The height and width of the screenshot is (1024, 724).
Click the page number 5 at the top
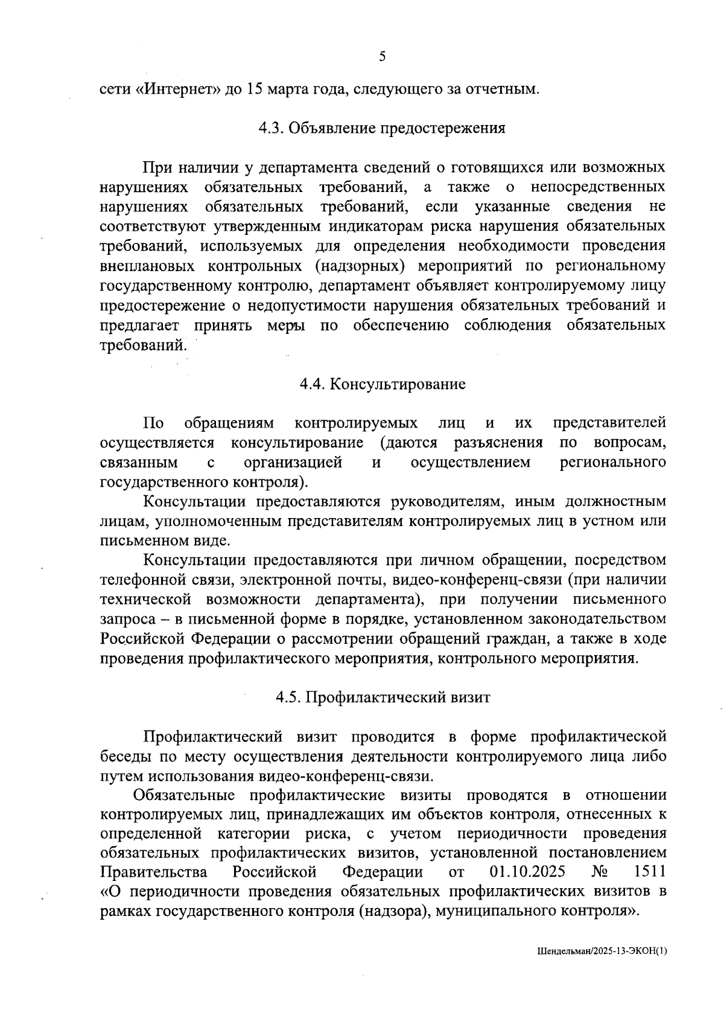(382, 57)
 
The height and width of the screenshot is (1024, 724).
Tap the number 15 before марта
(254, 89)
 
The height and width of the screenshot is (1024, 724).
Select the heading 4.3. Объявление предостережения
(382, 128)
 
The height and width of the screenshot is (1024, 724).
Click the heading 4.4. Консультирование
(383, 384)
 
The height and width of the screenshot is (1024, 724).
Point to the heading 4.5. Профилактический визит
(383, 697)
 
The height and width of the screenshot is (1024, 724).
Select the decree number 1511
(650, 872)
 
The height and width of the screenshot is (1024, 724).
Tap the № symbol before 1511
(599, 872)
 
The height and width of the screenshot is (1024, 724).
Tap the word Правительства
(154, 872)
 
